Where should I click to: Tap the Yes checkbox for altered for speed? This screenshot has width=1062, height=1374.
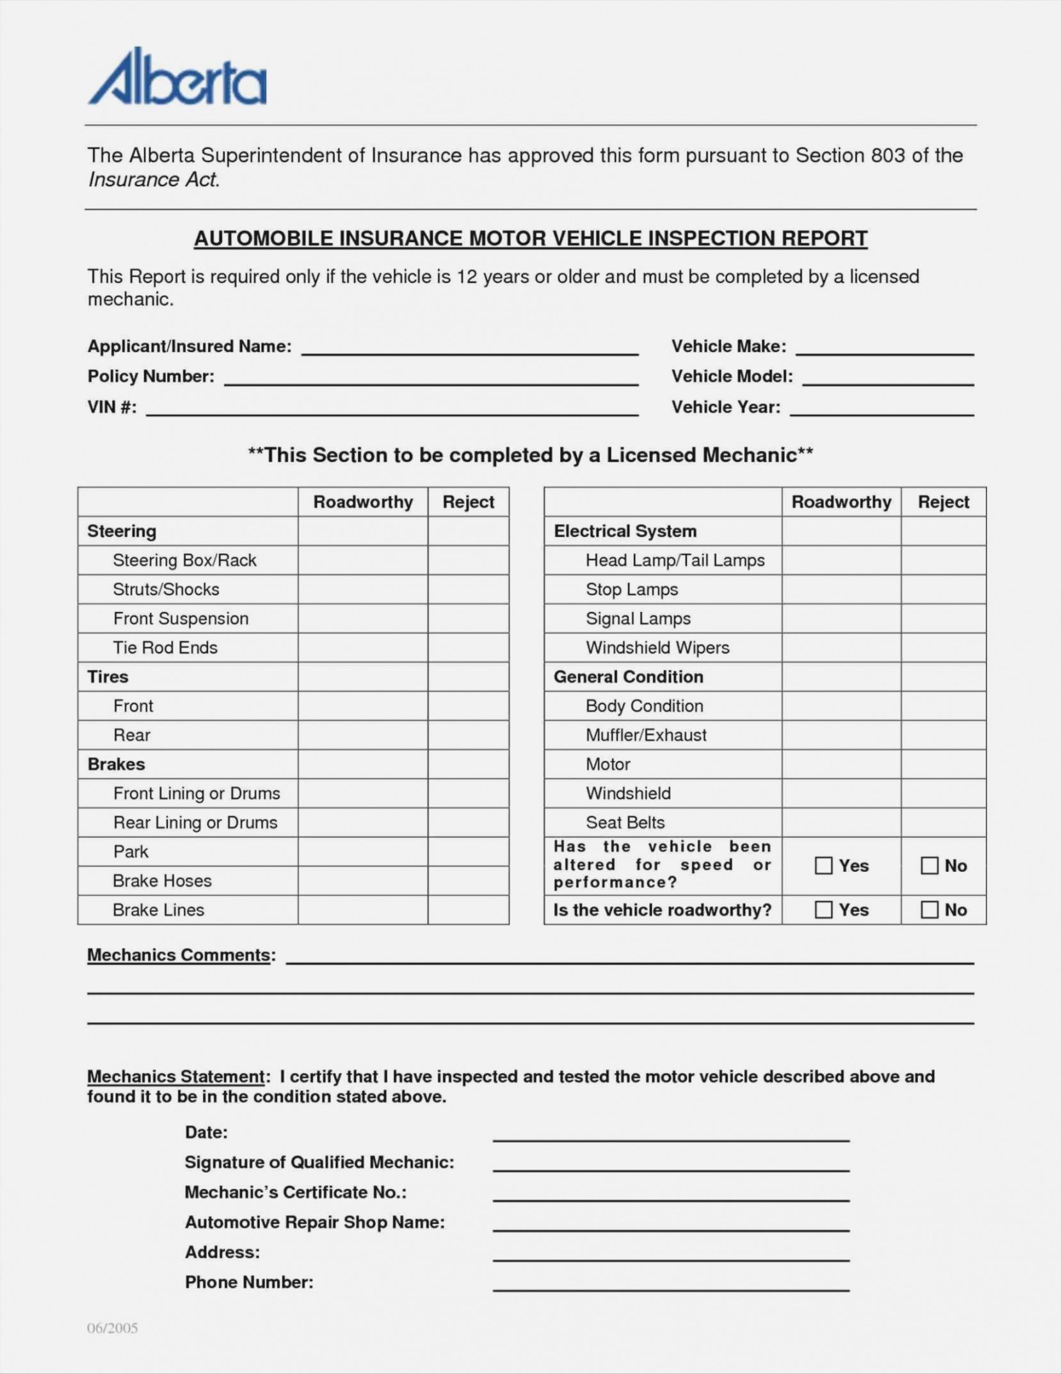coord(823,866)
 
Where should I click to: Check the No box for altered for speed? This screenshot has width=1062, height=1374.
coord(929,866)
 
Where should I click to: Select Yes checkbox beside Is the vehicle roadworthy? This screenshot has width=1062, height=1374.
coord(823,910)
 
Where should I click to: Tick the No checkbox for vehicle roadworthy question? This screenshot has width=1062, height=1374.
coord(929,910)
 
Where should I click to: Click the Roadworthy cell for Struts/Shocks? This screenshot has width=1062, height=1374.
coord(362,590)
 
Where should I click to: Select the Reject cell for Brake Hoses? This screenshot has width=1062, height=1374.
coord(468,881)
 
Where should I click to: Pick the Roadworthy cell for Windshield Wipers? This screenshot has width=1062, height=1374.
coord(841,648)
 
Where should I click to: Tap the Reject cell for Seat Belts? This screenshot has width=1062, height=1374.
coord(943,823)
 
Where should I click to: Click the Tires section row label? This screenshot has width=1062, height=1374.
coord(108,677)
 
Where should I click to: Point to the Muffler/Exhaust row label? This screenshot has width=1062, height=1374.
coord(646,735)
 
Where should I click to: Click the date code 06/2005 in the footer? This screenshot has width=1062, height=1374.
coord(113,1328)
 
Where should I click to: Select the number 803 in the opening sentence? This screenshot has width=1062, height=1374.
coord(888,156)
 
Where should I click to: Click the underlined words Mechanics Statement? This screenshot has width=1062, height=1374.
coord(176,1076)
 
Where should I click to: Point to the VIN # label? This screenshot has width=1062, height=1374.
coord(112,407)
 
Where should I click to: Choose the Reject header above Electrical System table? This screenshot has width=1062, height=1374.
coord(943,502)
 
